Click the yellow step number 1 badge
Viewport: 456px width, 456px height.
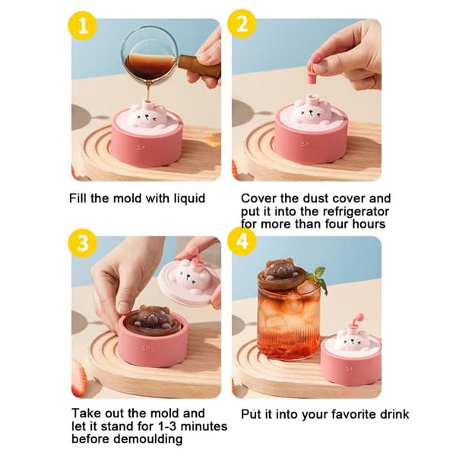pos(83,26)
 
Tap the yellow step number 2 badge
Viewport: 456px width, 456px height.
pos(242,24)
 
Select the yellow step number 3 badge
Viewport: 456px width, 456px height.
pos(83,243)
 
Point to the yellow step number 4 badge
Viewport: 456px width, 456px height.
pos(242,242)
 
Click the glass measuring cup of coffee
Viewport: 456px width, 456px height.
pos(150,53)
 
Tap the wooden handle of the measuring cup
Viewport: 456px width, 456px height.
pos(199,67)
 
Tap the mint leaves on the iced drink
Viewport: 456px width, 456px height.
pos(320,279)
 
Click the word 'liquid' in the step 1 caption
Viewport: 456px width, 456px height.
pos(189,198)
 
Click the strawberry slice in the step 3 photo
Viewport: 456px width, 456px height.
pos(79,378)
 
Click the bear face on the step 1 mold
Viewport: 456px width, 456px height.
pos(148,117)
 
